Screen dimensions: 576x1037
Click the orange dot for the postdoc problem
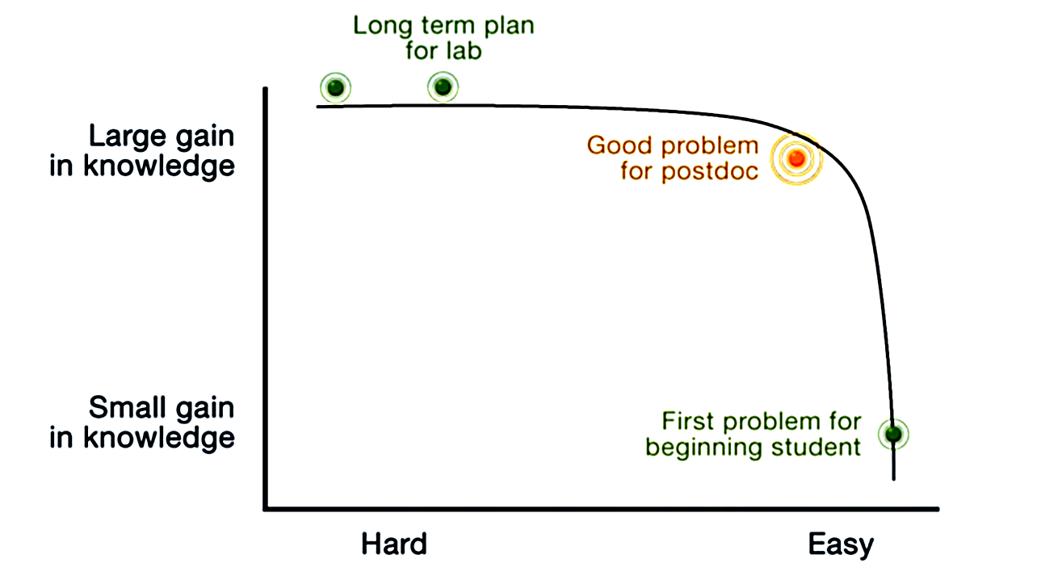[x=796, y=158]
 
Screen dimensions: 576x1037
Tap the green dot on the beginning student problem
[x=893, y=434]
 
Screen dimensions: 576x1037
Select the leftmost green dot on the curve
[x=335, y=87]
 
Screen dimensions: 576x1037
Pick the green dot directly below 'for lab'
[x=442, y=86]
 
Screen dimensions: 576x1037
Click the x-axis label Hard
[x=393, y=544]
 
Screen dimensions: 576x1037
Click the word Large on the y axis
[x=123, y=136]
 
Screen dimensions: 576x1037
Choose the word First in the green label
[x=689, y=421]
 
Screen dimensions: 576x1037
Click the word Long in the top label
[x=383, y=25]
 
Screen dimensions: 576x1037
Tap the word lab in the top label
[x=466, y=51]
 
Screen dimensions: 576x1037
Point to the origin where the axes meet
[x=266, y=509]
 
